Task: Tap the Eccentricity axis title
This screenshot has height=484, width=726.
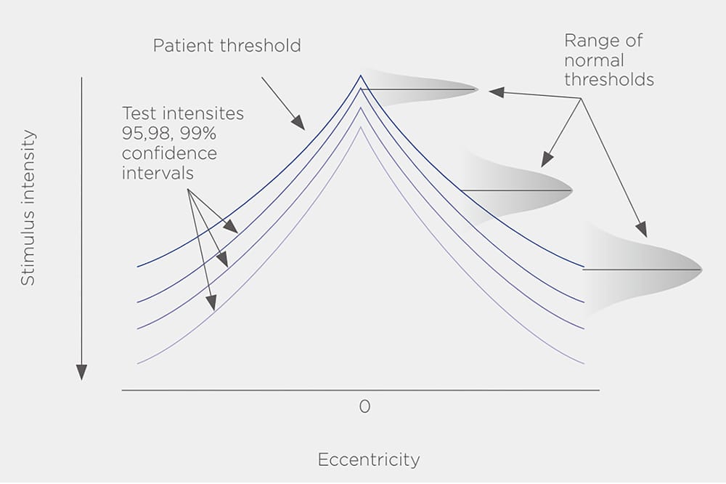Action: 368,460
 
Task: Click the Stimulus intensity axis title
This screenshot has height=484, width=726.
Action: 28,207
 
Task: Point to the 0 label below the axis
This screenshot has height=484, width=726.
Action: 364,407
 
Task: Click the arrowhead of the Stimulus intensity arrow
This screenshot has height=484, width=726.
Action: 81,372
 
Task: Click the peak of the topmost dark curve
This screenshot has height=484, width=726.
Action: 361,76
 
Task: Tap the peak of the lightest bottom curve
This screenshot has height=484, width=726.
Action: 361,128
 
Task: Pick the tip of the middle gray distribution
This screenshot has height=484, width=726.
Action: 572,190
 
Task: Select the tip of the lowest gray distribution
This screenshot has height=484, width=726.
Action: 702,270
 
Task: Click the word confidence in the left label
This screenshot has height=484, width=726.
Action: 169,154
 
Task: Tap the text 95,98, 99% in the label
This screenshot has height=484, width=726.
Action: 166,134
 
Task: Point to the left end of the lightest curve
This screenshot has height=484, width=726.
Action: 137,362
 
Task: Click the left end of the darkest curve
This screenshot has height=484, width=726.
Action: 137,267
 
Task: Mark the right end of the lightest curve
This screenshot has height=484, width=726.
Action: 584,363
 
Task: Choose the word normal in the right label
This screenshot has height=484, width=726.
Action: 594,60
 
